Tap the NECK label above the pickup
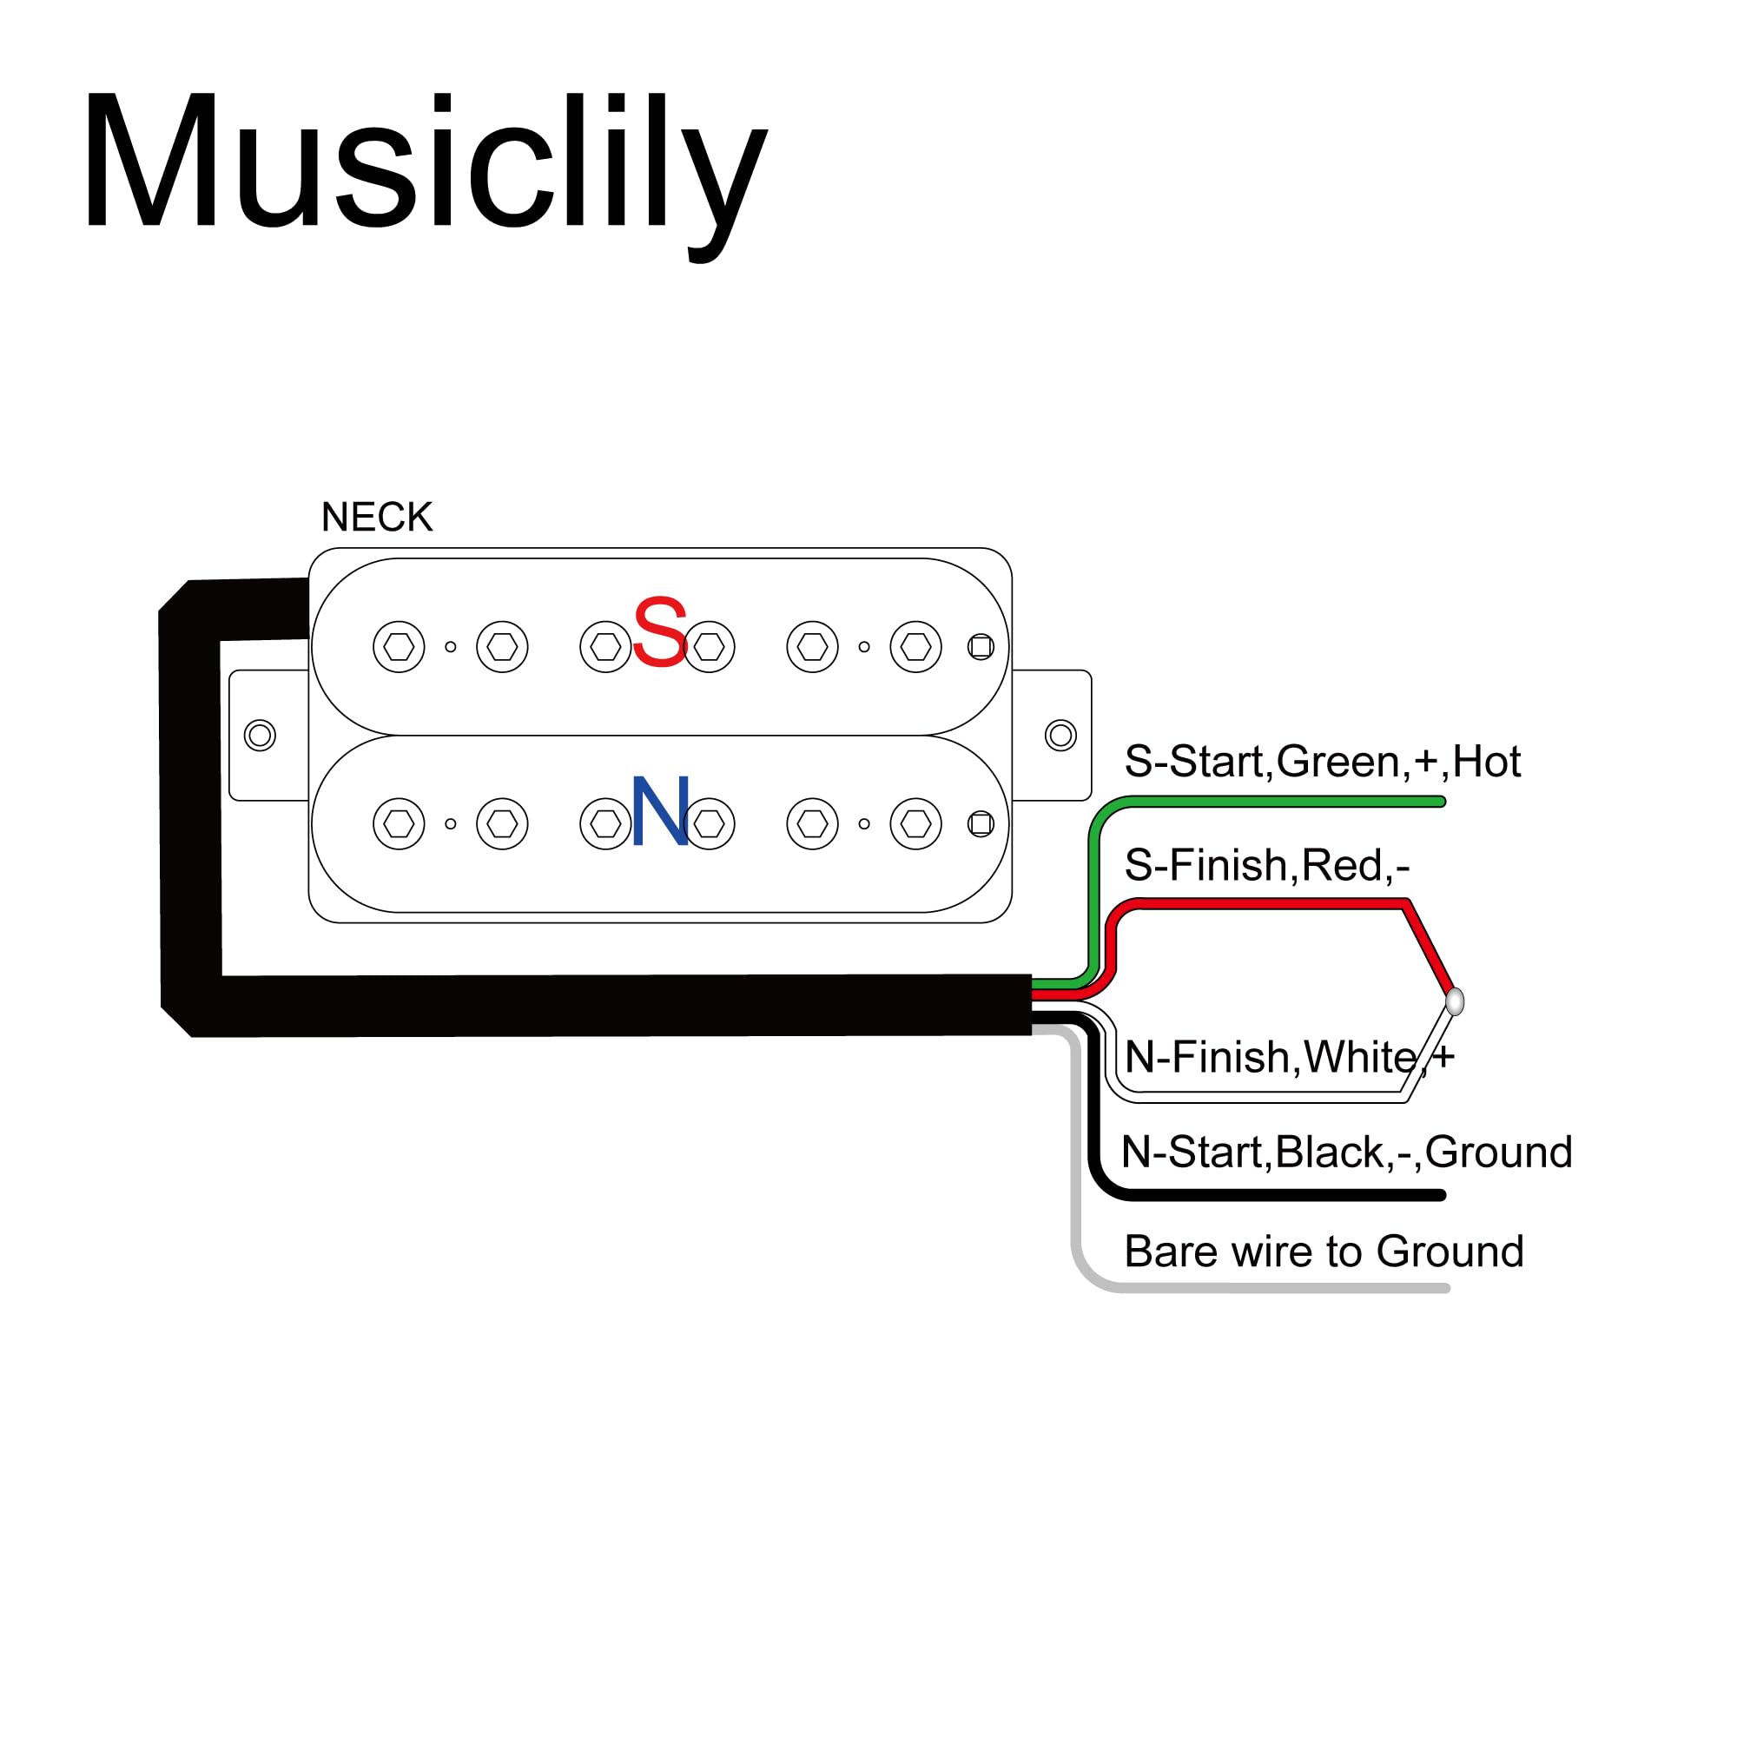point(377,517)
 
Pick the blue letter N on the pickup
point(660,811)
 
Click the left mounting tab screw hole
point(260,735)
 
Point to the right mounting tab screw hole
point(1061,735)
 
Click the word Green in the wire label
point(1337,762)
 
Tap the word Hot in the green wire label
point(1486,762)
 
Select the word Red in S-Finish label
point(1342,865)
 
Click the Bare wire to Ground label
point(1324,1251)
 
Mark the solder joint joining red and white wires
point(1455,1001)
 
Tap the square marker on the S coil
point(981,646)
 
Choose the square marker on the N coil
point(981,823)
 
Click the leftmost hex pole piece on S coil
point(399,646)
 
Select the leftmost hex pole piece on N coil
point(399,823)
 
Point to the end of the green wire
point(1440,801)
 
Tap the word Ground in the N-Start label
point(1499,1152)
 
